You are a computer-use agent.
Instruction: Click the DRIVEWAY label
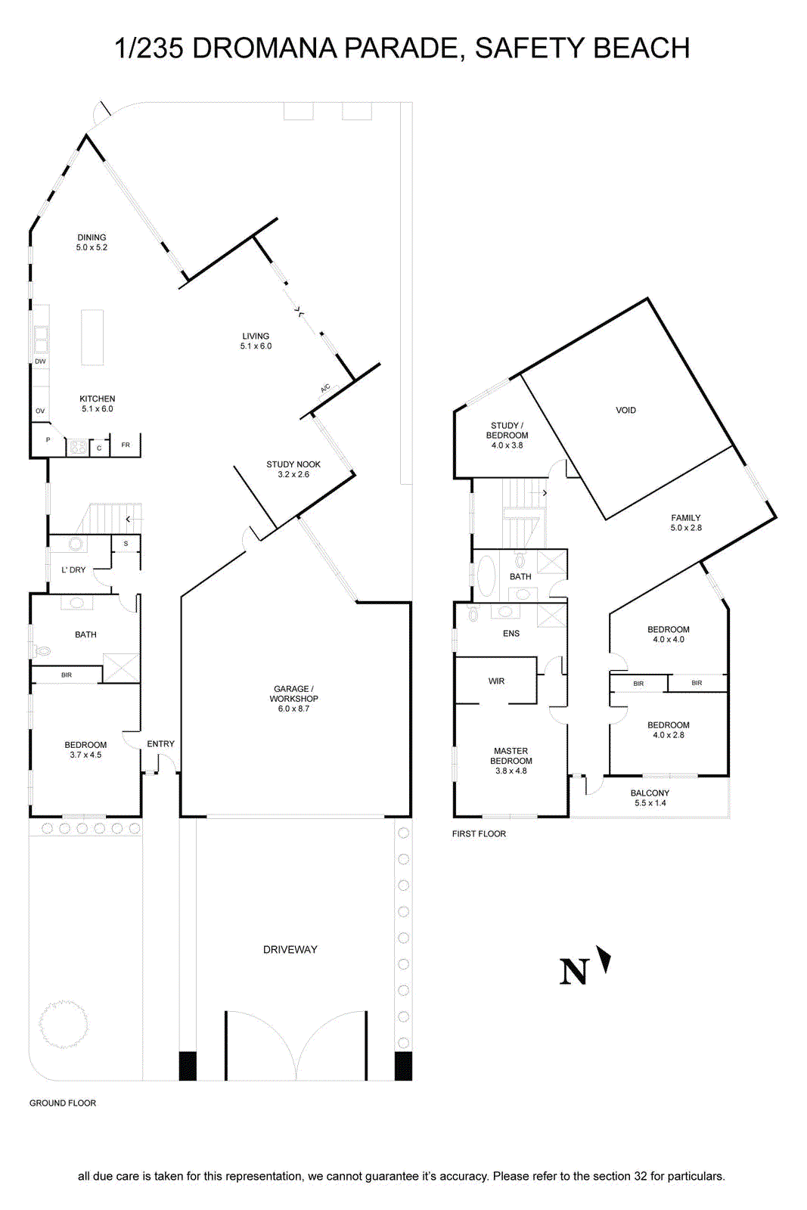(x=290, y=949)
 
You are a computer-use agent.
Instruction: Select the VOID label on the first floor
(x=625, y=410)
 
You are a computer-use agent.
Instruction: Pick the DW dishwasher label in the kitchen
(x=40, y=361)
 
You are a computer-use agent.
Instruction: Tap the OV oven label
(x=40, y=411)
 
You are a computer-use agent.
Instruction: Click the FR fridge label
(x=126, y=445)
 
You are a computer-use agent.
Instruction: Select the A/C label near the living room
(x=325, y=389)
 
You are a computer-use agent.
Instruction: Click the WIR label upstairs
(x=496, y=681)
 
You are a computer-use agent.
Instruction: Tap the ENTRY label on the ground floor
(x=160, y=744)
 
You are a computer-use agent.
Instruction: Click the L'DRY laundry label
(x=73, y=570)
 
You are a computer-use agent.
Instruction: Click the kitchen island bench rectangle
(x=92, y=337)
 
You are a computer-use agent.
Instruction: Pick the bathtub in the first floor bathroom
(x=485, y=576)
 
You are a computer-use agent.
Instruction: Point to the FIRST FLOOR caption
(x=479, y=833)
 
